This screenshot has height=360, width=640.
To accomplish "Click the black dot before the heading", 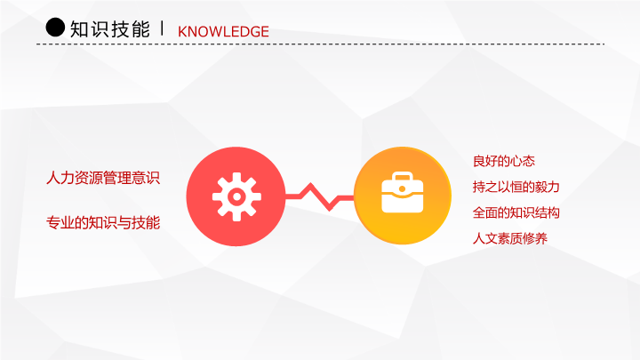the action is [55, 28].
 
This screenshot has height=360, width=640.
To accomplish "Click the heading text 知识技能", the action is [110, 29].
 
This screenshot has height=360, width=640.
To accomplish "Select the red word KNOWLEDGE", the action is [223, 31].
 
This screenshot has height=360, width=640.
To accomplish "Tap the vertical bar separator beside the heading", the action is [163, 28].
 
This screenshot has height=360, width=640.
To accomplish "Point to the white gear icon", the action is [236, 196].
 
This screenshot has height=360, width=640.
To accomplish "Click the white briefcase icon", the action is [402, 192].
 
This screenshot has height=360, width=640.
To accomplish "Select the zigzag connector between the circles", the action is [320, 197].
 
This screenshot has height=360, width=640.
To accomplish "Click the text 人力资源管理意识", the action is [103, 178].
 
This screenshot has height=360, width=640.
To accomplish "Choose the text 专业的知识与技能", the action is [103, 223].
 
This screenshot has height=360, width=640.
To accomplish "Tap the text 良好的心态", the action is [504, 161].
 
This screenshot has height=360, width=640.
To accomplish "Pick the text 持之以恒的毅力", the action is [516, 187].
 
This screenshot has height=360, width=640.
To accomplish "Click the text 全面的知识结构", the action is [516, 212].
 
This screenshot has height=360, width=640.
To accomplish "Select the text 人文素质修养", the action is [510, 238].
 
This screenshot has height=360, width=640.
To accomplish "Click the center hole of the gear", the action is [236, 196].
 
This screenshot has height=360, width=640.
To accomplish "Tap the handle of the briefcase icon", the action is [402, 176].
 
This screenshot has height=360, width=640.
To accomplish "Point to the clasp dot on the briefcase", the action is [402, 189].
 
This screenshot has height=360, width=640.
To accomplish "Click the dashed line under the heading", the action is [320, 44].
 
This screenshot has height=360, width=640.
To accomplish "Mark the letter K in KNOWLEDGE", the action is [182, 32].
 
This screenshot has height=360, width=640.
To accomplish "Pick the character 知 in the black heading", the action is [79, 29].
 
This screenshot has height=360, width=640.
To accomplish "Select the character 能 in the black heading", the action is [140, 29].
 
